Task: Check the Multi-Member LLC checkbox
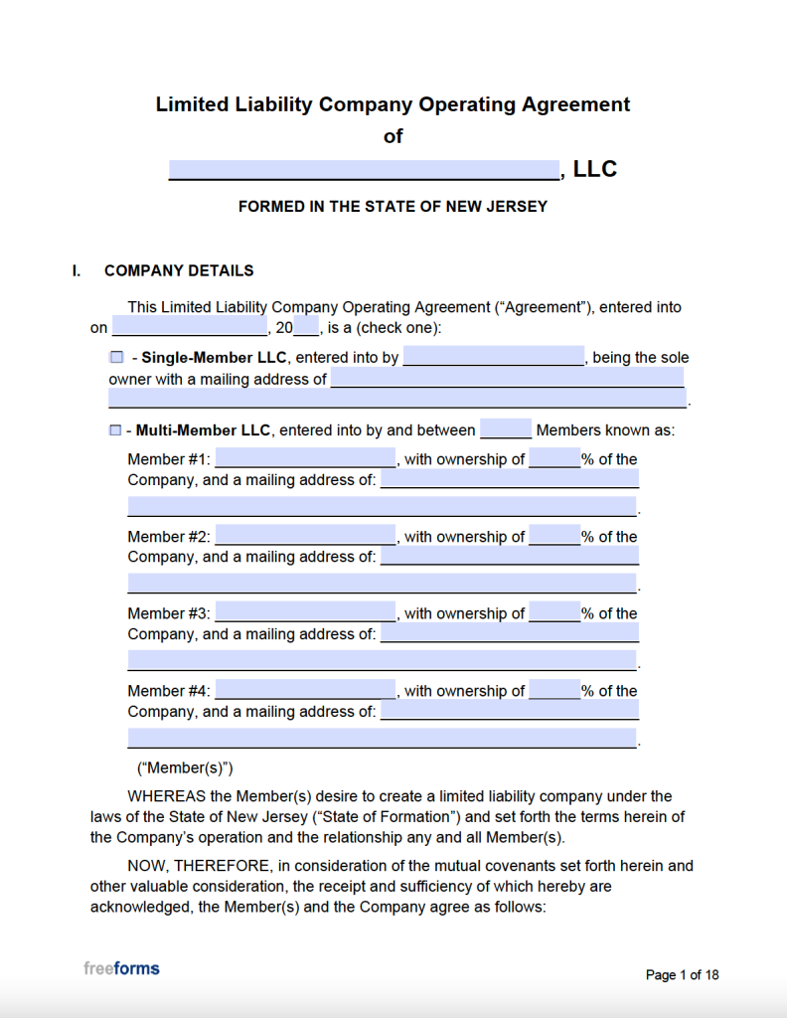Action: coord(116,431)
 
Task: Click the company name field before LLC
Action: coord(364,170)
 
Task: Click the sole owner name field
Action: coord(494,358)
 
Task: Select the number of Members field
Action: coord(506,430)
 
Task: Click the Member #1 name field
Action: coord(305,459)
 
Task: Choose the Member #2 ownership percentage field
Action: coord(554,537)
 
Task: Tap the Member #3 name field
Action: coord(305,613)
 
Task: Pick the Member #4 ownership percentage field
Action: coord(554,691)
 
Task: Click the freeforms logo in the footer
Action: coord(121,968)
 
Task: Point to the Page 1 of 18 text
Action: coord(682,975)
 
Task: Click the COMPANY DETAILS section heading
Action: coord(179,270)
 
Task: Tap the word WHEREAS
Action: coord(167,796)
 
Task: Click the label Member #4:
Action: coord(169,691)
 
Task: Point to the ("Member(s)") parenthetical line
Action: coord(185,767)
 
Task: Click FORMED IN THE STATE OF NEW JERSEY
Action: coord(393,207)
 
